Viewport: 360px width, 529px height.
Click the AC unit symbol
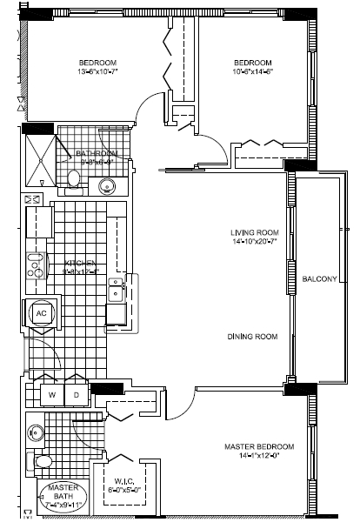[40, 313]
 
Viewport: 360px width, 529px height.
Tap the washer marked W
[51, 394]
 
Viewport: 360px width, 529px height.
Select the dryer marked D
[76, 394]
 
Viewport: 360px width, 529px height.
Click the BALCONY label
[320, 278]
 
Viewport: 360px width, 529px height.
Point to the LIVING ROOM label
[254, 232]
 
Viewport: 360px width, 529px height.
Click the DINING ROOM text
[253, 337]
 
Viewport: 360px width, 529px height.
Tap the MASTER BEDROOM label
[258, 446]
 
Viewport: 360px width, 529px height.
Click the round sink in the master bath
[36, 432]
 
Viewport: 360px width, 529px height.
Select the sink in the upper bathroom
[108, 185]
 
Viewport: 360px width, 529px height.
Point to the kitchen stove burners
[36, 265]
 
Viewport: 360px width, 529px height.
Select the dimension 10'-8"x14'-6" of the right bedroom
[253, 72]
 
